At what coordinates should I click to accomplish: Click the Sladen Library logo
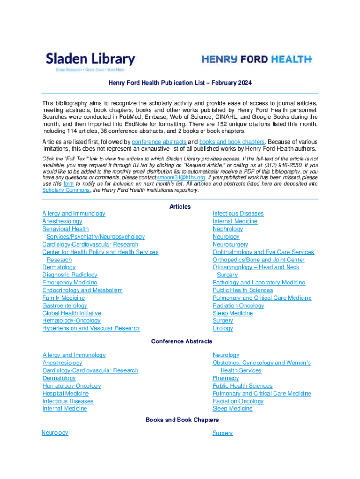click(x=90, y=61)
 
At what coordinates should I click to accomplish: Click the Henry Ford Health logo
click(x=257, y=59)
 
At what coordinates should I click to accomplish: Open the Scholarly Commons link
click(x=66, y=190)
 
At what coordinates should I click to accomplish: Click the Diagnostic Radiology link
click(x=70, y=275)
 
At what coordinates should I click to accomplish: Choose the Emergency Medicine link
click(x=70, y=283)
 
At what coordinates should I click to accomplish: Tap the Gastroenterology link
click(x=65, y=305)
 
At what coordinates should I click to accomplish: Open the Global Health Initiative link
click(x=72, y=313)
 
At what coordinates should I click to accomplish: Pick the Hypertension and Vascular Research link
click(x=91, y=328)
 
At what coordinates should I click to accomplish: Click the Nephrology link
click(x=228, y=229)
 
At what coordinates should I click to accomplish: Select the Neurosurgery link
click(x=230, y=244)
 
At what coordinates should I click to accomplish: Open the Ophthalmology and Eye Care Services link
click(x=263, y=252)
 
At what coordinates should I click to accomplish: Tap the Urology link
click(x=223, y=328)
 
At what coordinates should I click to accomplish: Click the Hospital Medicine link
click(x=65, y=393)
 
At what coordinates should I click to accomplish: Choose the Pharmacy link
click(x=225, y=378)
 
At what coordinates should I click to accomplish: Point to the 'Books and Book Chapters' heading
click(x=182, y=420)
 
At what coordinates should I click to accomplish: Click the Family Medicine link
click(x=64, y=298)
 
